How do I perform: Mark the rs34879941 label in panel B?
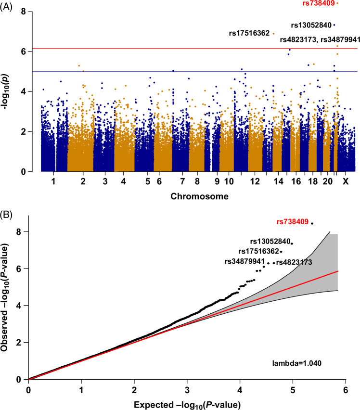(x=245, y=261)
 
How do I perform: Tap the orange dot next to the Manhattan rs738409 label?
(x=338, y=3)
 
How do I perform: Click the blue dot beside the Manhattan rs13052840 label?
(x=334, y=25)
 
